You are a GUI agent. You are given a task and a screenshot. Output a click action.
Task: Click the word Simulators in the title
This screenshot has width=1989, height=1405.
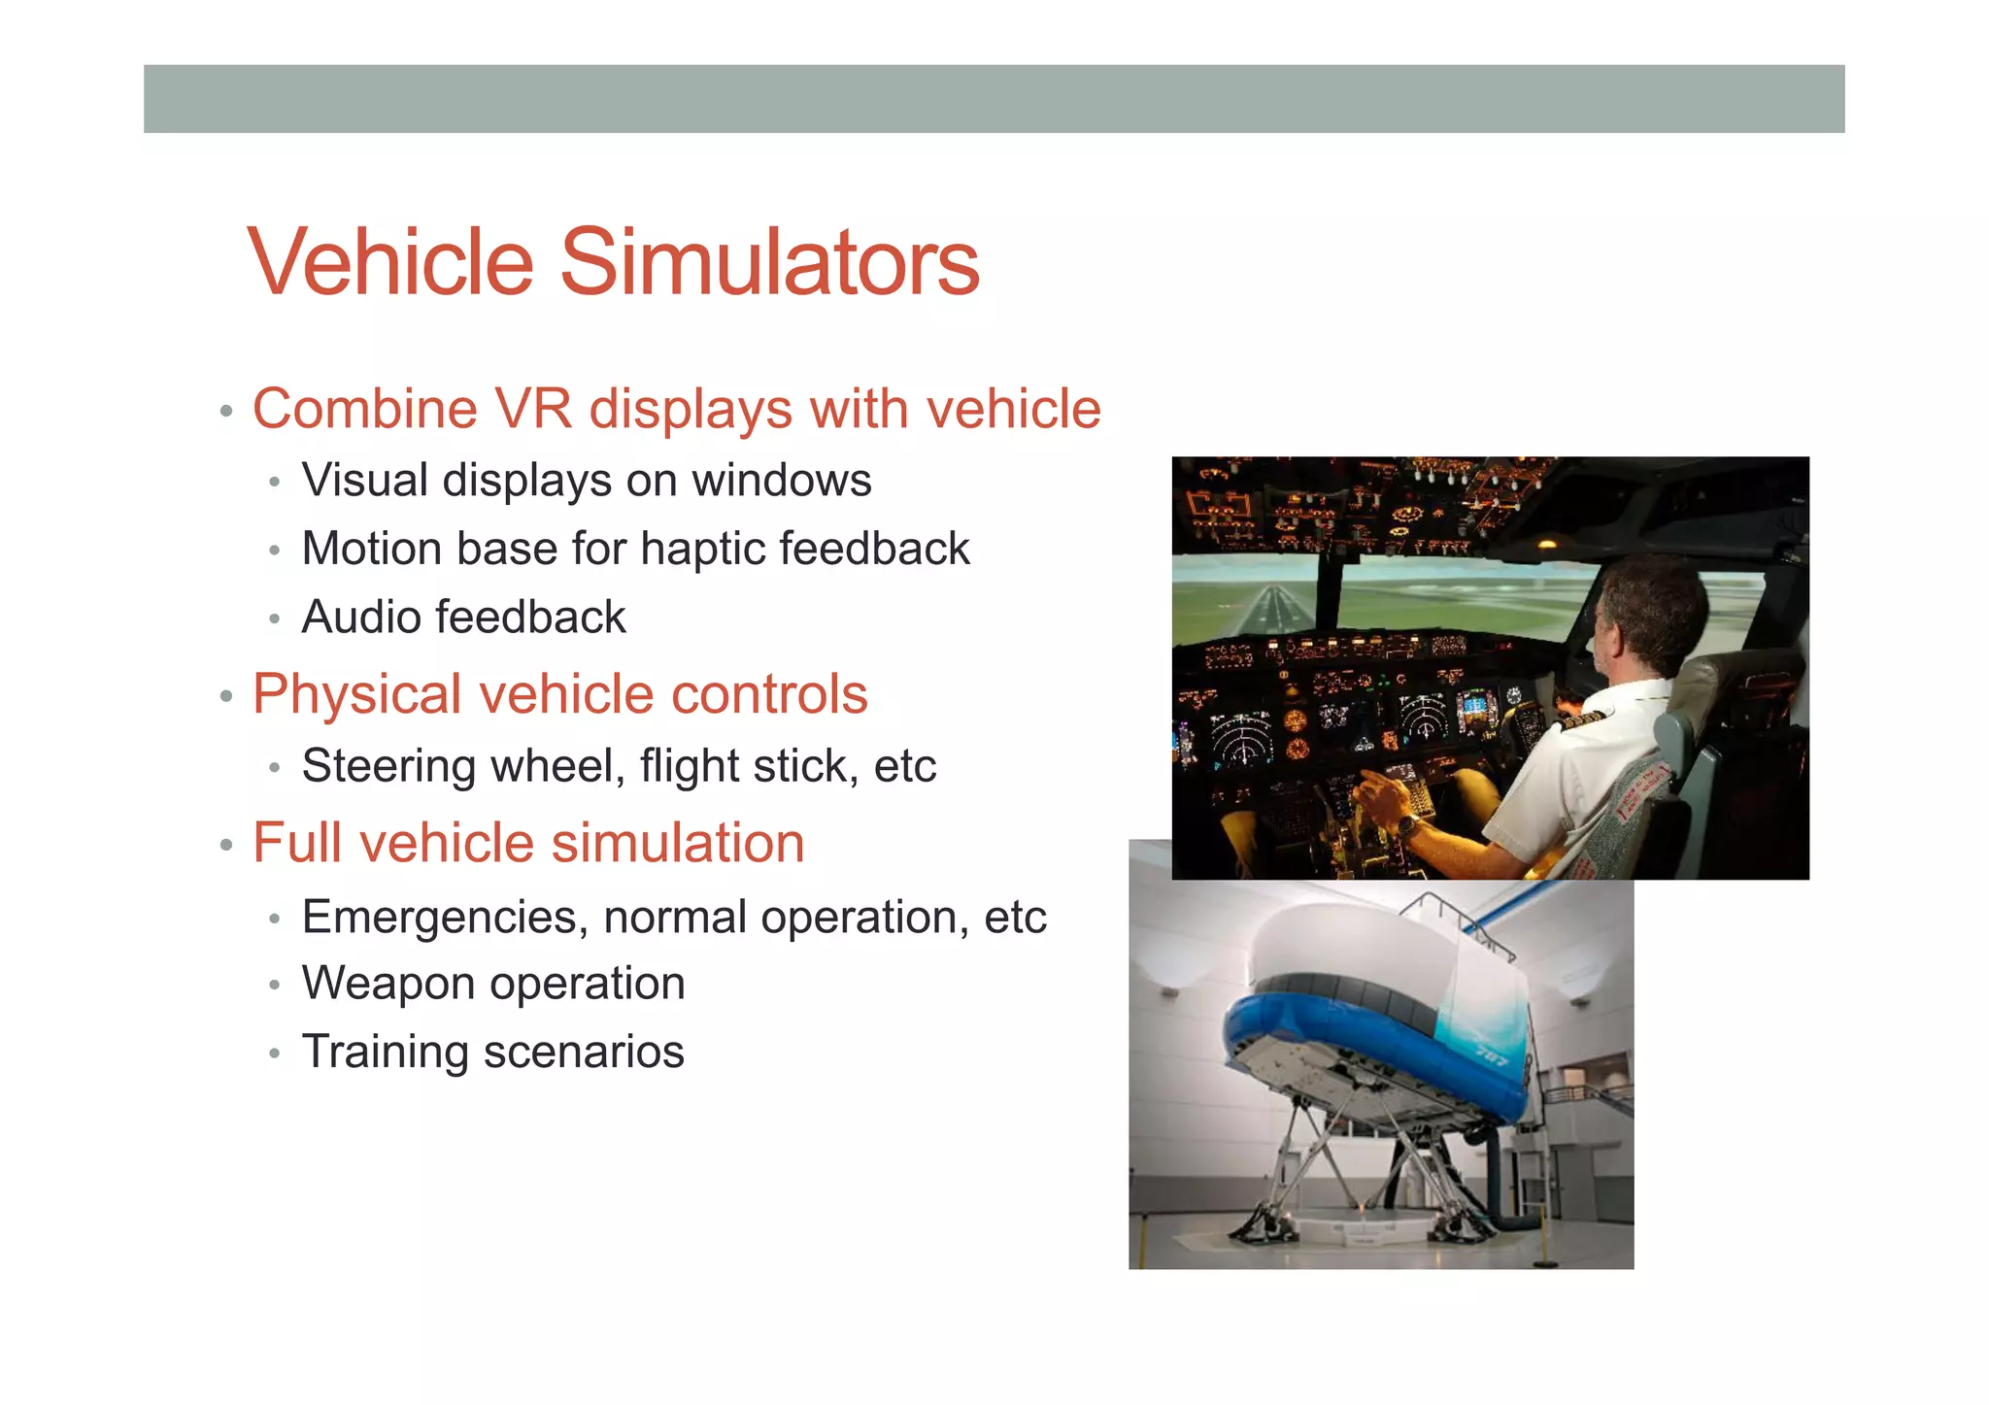pyautogui.click(x=769, y=262)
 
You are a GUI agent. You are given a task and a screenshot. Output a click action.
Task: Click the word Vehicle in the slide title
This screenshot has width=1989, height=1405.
pyautogui.click(x=390, y=262)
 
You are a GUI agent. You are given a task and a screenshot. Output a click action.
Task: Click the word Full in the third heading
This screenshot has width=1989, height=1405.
pyautogui.click(x=296, y=843)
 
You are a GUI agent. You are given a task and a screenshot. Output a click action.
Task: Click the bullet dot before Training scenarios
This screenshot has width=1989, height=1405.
pyautogui.click(x=275, y=1054)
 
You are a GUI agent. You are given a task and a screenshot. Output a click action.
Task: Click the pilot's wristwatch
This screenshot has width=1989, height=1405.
pyautogui.click(x=1405, y=826)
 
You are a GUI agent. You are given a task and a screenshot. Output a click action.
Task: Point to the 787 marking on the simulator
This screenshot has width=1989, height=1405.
pyautogui.click(x=1493, y=1055)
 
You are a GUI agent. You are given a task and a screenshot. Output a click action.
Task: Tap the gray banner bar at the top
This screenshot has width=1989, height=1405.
pyautogui.click(x=994, y=99)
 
